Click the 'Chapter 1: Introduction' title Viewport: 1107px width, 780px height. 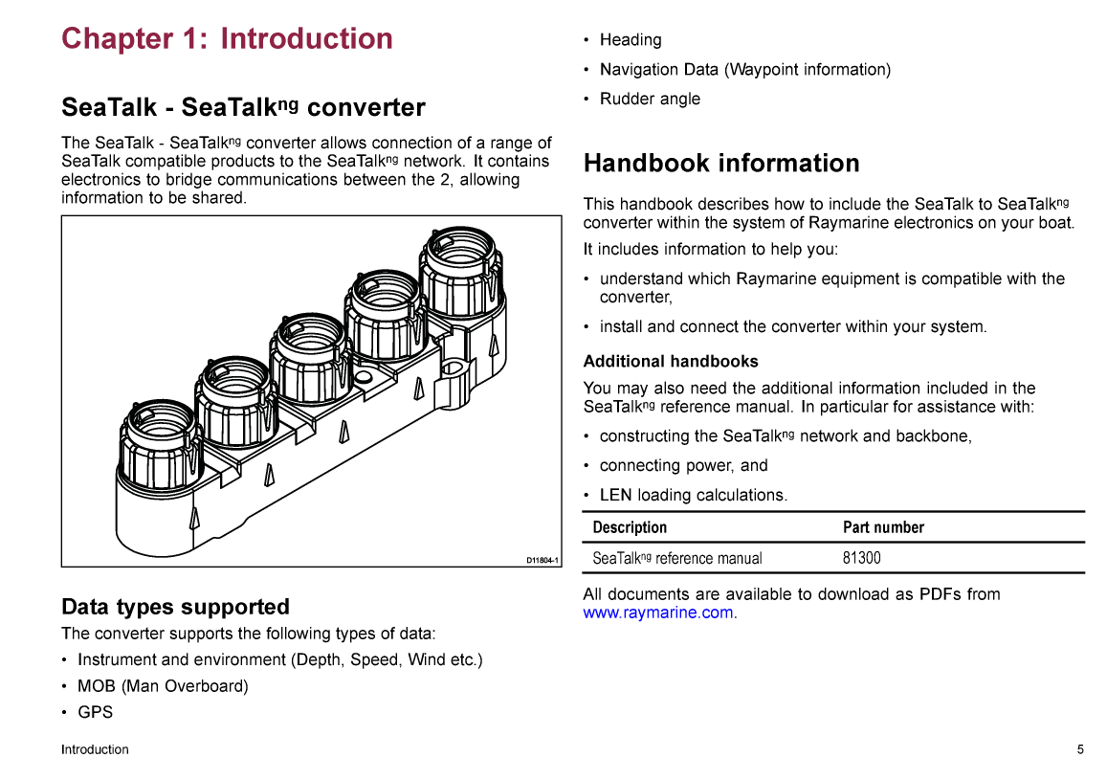227,39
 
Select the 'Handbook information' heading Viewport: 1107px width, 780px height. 721,164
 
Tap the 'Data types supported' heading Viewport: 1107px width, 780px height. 175,607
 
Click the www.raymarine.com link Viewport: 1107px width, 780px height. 658,613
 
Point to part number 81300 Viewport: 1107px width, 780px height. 861,558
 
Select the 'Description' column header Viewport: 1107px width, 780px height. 630,527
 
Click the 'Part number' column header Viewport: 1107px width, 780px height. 883,527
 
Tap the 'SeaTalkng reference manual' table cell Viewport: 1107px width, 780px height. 677,558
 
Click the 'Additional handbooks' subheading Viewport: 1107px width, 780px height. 671,362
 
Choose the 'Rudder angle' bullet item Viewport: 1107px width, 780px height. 650,100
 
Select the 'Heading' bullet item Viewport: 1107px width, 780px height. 631,40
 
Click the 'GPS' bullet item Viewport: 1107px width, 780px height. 95,712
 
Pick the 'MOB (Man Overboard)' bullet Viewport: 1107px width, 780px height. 163,686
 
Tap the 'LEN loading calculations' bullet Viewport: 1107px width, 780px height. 693,495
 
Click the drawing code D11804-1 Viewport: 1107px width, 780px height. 541,560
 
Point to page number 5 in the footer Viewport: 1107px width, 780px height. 1080,749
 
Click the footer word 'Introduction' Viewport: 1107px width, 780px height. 95,749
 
